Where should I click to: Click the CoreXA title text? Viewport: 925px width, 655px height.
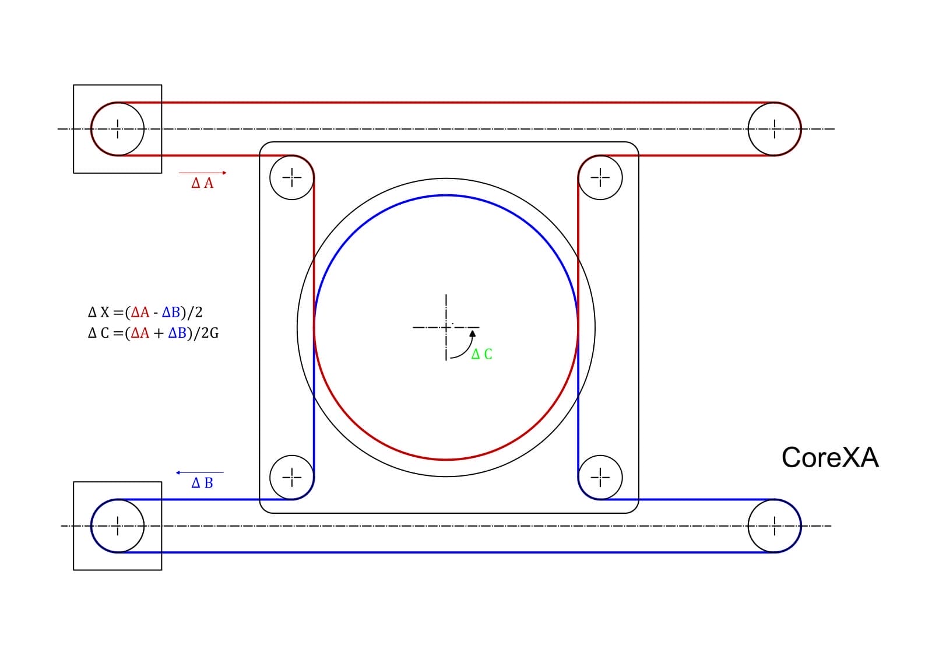click(x=829, y=458)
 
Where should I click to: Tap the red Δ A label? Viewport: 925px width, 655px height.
click(x=202, y=183)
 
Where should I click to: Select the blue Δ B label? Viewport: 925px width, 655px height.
click(x=202, y=483)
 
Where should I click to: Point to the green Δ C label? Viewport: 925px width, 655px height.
click(x=481, y=354)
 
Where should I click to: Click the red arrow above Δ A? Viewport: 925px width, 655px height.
click(x=203, y=173)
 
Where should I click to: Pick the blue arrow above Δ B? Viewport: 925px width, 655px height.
click(x=200, y=472)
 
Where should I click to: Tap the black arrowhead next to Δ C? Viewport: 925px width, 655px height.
click(x=473, y=334)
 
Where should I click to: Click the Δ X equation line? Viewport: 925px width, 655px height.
click(x=145, y=313)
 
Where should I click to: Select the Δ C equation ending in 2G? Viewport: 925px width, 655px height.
click(x=153, y=333)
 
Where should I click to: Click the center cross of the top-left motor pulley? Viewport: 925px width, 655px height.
click(x=118, y=129)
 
